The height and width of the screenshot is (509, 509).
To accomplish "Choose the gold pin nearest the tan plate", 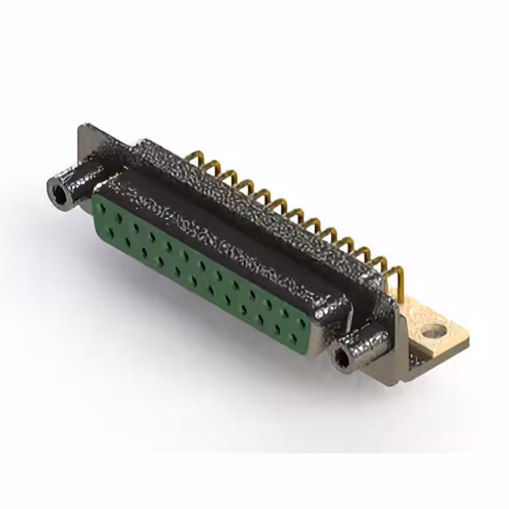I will coord(398,274).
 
